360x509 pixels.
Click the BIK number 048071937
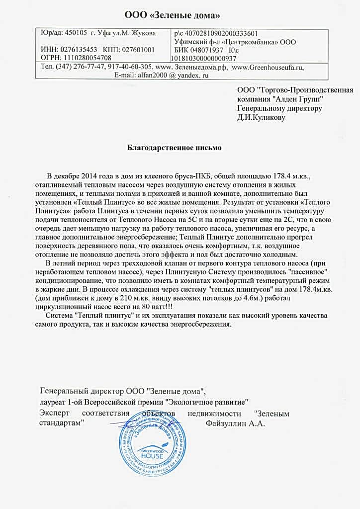tap(205, 50)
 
